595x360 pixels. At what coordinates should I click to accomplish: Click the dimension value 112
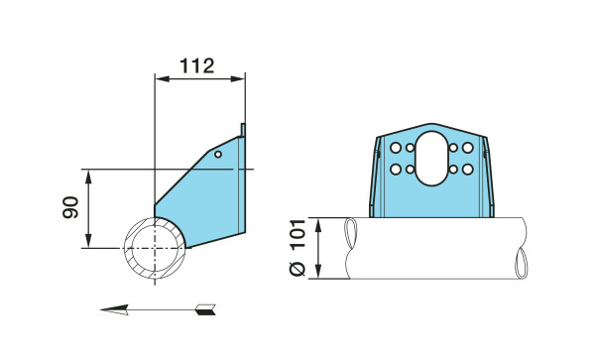pos(197,66)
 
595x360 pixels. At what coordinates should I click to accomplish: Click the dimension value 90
pos(70,207)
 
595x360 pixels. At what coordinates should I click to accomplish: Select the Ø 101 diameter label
pos(297,247)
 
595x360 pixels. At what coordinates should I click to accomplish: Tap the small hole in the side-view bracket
pos(218,154)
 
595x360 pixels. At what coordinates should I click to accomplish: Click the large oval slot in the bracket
pos(431,159)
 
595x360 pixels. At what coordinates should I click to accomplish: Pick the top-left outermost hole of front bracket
pos(396,148)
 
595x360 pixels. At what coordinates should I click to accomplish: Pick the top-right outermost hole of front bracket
pos(467,148)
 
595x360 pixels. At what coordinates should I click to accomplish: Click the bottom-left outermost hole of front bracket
pos(396,170)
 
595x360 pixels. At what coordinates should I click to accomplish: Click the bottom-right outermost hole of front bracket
pos(467,170)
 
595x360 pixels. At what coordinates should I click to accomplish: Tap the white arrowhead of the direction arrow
pos(114,309)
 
